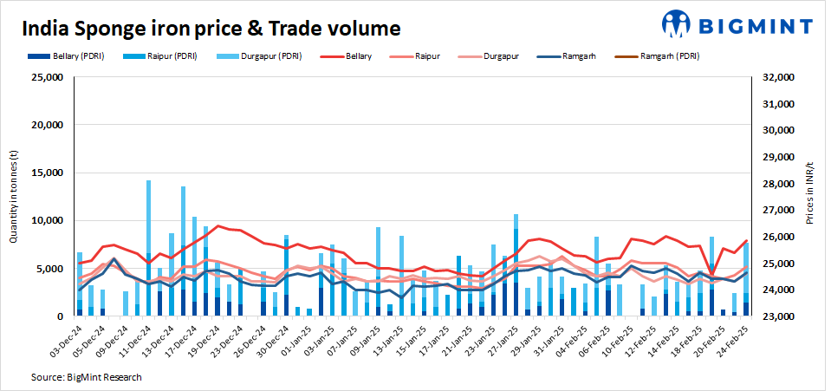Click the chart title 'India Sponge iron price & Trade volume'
211,29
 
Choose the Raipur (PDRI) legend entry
160,55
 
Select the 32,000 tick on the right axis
776,77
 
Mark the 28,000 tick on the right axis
776,184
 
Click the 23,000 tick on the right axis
776,317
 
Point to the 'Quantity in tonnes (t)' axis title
13,196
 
